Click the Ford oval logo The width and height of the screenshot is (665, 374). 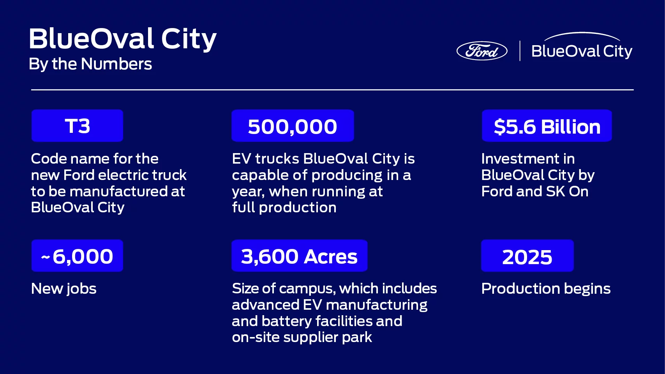tap(482, 51)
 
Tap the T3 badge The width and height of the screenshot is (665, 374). tap(77, 126)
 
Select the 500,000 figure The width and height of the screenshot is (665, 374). tap(293, 126)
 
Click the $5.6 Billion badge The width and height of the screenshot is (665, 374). tap(547, 126)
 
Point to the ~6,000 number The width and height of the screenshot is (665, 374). tap(77, 256)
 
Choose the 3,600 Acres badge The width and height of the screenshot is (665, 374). tap(299, 256)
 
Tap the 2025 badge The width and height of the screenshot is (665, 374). tap(527, 256)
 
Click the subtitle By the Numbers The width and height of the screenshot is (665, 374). tap(90, 64)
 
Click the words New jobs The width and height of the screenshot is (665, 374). tap(64, 289)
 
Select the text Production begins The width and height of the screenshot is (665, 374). tap(546, 289)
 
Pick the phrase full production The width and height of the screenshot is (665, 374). tap(284, 207)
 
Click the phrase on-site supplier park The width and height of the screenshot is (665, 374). tap(302, 337)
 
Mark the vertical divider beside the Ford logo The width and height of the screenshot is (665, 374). tap(520, 51)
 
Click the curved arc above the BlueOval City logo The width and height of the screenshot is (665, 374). tap(582, 35)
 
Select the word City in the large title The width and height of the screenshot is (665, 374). tap(189, 39)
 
